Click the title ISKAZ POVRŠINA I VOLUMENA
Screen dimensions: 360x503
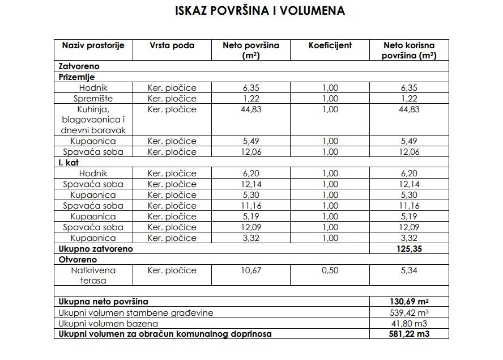[x=252, y=11]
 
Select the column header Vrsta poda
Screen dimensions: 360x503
[x=172, y=45]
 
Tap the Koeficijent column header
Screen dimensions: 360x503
[x=330, y=45]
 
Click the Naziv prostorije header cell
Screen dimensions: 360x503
[x=93, y=45]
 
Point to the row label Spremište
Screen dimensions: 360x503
[x=93, y=99]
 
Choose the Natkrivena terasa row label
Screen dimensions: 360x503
[x=93, y=276]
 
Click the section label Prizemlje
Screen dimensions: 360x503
[x=77, y=77]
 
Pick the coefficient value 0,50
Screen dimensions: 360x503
[x=330, y=270]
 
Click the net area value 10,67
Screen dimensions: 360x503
[x=252, y=270]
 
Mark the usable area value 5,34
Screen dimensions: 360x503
[x=408, y=270]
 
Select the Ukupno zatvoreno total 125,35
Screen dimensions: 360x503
[x=408, y=249]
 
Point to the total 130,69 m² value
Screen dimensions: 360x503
[x=408, y=302]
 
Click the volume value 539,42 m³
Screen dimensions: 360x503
[x=408, y=313]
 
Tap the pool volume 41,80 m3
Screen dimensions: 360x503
[x=408, y=324]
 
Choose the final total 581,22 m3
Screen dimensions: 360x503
[x=408, y=334]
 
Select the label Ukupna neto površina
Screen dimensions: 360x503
[x=104, y=302]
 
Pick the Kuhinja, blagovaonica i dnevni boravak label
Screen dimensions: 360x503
[x=93, y=120]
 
